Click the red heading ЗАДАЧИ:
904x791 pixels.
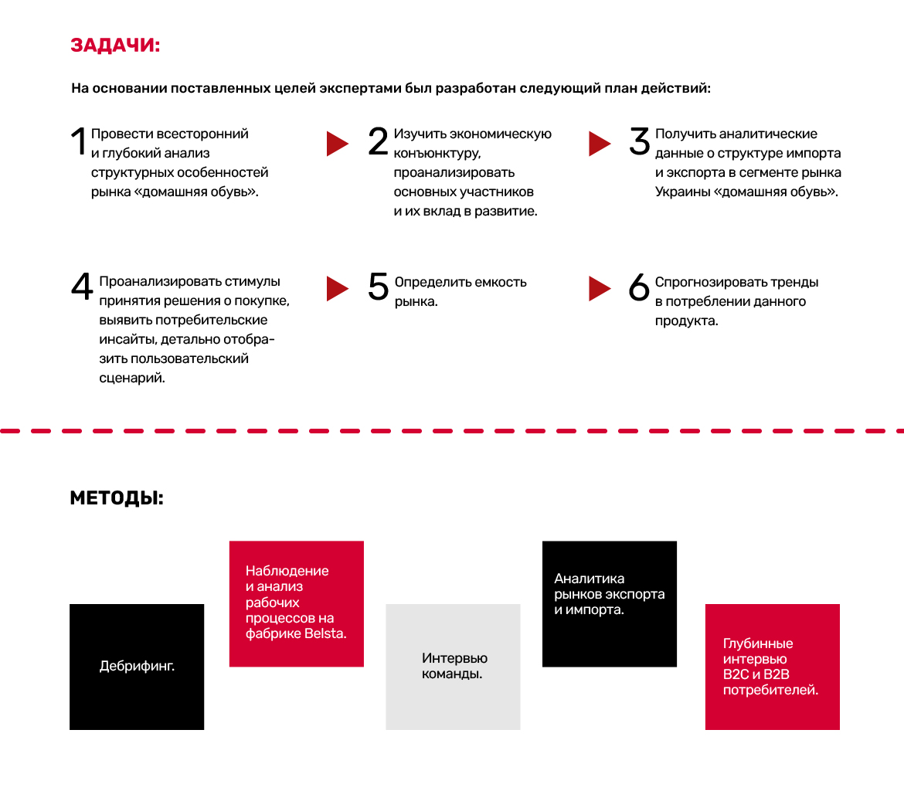(115, 45)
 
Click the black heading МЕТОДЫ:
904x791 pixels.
(117, 498)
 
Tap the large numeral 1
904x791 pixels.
(79, 141)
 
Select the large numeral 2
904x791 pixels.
(378, 141)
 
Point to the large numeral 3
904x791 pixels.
(640, 141)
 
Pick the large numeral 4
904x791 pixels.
(82, 286)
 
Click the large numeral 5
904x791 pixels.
(378, 287)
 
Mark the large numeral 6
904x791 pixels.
(639, 287)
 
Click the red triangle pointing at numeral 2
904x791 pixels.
(338, 144)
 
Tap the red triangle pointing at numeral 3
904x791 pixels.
(600, 144)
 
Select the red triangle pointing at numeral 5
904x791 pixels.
(338, 288)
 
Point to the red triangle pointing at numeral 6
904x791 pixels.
(600, 288)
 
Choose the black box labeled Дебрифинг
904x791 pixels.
(137, 667)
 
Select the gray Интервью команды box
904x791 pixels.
(453, 667)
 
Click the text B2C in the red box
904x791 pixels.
(736, 674)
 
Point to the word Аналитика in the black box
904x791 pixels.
(590, 579)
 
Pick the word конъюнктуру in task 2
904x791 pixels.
(437, 154)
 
